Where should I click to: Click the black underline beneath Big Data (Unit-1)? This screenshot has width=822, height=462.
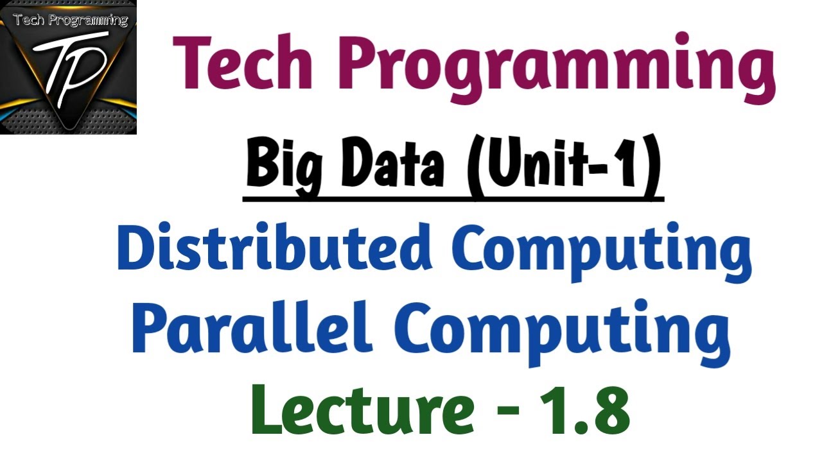[x=453, y=200]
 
